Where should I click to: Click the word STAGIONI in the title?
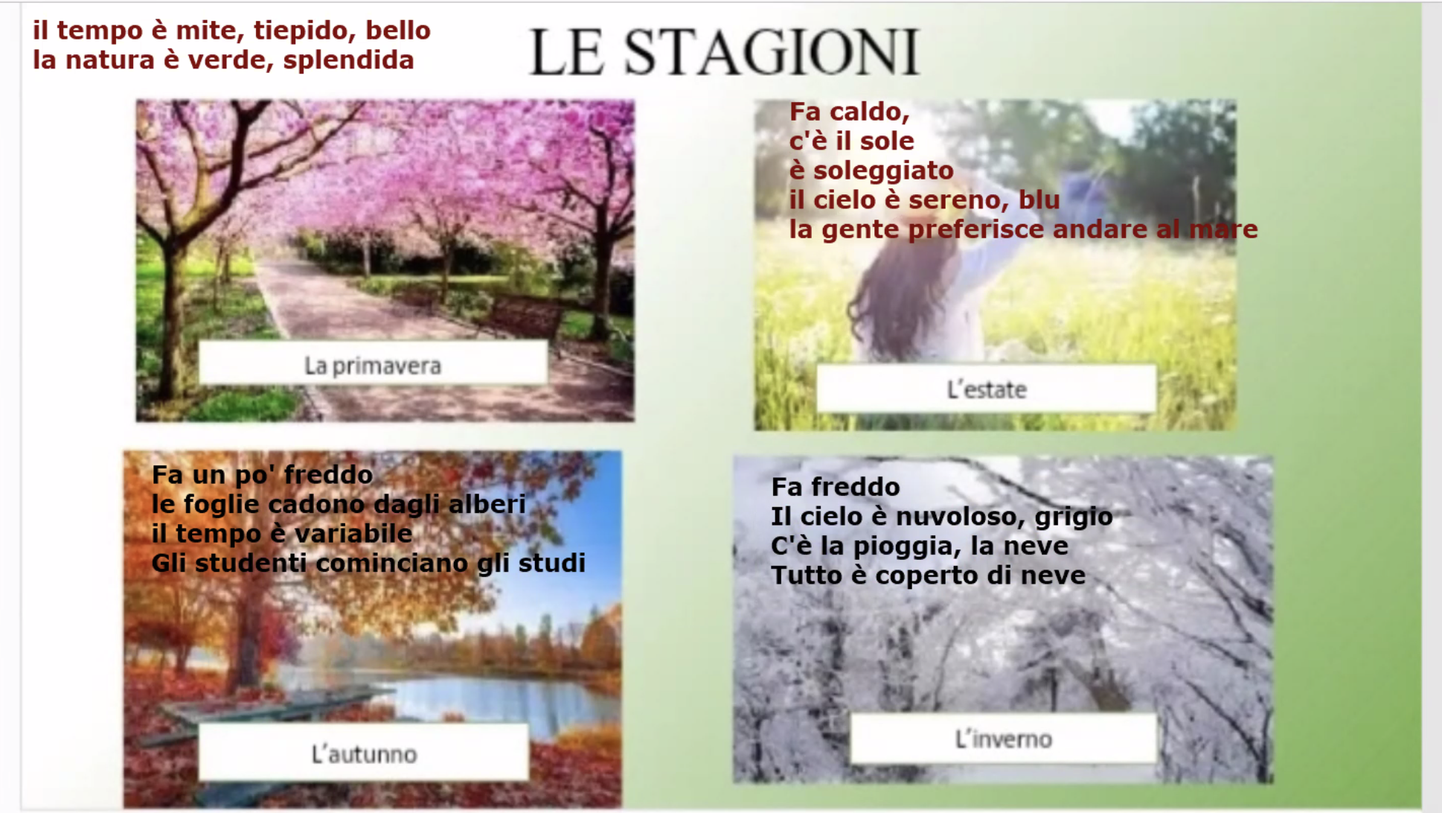point(772,52)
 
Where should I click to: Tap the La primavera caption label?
point(373,364)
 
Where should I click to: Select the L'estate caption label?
point(987,389)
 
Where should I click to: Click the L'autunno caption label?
point(364,753)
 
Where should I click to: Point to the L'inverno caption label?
point(1004,739)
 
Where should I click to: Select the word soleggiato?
point(883,171)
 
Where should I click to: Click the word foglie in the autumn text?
point(221,505)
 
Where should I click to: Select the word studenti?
point(251,563)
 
